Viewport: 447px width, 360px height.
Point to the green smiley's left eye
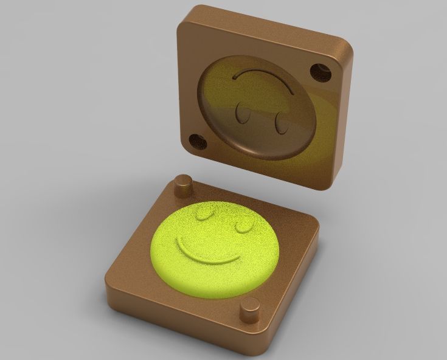click(204, 213)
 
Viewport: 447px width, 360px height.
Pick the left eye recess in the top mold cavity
click(241, 114)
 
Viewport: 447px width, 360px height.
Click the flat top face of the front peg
click(249, 305)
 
